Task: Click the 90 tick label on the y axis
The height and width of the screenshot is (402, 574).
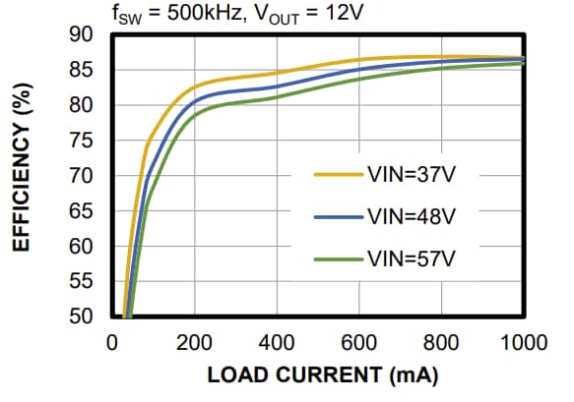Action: point(81,35)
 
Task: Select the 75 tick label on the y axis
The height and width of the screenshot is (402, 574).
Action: point(81,141)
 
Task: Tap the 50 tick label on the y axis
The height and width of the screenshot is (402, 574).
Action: point(81,317)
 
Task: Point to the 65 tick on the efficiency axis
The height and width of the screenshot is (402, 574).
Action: point(81,211)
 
